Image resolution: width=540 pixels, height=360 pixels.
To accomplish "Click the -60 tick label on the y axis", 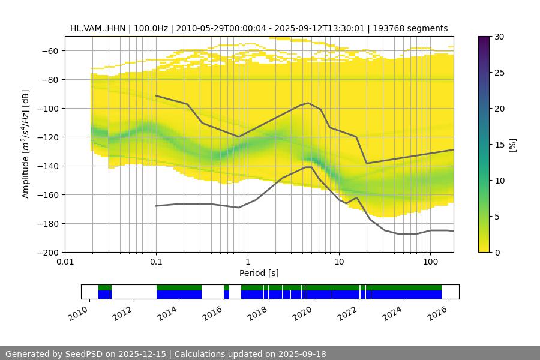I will click(x=48, y=50).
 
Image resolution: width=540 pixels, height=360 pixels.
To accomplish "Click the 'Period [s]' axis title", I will click(x=259, y=273).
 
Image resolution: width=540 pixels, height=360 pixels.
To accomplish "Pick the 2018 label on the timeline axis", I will click(x=258, y=313).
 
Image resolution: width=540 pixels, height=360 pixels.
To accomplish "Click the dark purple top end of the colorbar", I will click(x=484, y=38).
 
